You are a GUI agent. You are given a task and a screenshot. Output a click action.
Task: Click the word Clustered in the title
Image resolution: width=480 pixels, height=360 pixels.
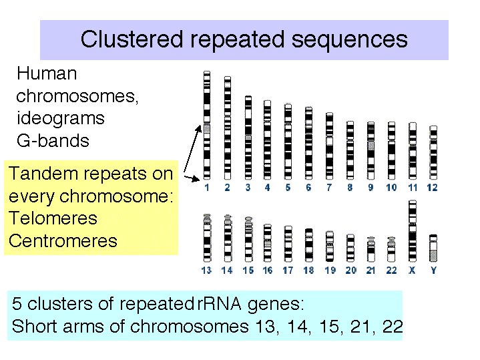(x=132, y=39)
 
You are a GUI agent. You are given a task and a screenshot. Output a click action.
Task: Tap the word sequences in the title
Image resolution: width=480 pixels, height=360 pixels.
(x=350, y=41)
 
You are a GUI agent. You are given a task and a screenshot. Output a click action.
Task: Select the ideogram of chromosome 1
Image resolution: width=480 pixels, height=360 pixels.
(x=207, y=126)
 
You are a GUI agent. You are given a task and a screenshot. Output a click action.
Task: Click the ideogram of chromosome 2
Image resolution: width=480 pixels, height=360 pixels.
(x=228, y=128)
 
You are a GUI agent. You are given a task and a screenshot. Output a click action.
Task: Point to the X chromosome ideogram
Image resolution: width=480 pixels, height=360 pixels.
(x=413, y=231)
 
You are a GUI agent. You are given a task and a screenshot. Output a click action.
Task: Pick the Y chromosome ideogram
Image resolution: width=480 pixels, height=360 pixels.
(x=433, y=248)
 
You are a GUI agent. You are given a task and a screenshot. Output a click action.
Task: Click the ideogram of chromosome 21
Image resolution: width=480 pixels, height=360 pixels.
(x=371, y=249)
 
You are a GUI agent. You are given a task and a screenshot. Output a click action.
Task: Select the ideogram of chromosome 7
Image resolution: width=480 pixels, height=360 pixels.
(x=329, y=146)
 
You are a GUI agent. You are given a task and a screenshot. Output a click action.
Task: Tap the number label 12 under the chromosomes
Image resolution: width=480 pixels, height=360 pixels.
(x=432, y=188)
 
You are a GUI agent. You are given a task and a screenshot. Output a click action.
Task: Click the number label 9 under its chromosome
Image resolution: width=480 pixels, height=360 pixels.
(x=371, y=188)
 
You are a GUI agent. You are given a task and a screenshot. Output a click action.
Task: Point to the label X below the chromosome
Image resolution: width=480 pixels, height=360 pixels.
(x=412, y=271)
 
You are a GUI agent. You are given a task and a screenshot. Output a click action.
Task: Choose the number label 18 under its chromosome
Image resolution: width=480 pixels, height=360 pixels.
(x=308, y=271)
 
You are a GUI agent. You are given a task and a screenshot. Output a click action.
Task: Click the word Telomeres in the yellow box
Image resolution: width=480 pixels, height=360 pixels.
(x=53, y=218)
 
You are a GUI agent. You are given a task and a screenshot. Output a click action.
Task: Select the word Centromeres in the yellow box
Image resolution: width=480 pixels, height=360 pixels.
(x=63, y=241)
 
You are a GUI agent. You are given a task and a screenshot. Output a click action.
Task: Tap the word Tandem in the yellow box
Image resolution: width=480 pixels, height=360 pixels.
(x=43, y=173)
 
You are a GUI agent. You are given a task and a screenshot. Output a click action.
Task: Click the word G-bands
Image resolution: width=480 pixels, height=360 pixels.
(x=53, y=141)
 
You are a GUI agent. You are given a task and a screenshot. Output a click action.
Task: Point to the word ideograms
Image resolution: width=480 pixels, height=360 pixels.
(x=61, y=119)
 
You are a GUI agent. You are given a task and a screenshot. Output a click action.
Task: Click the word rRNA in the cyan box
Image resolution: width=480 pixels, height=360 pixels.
(x=219, y=304)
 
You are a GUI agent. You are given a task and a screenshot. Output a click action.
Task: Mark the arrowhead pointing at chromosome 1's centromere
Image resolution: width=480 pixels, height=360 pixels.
(x=199, y=128)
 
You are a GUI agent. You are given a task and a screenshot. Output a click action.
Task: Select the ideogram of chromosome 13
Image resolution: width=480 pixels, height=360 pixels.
(x=207, y=238)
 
